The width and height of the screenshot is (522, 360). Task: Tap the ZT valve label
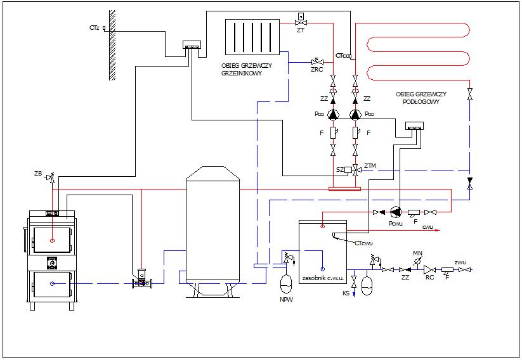tap(301, 29)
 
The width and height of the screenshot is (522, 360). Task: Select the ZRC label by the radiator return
tap(316, 69)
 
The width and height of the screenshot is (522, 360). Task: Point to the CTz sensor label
tap(94, 28)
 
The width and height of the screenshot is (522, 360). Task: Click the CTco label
tap(342, 56)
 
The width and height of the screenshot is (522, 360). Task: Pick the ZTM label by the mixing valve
tap(370, 165)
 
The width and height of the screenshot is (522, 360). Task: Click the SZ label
tap(340, 170)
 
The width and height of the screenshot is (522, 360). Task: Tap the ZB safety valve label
tap(39, 173)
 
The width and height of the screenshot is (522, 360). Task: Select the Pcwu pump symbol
tap(396, 212)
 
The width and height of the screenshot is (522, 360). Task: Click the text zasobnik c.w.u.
tap(323, 278)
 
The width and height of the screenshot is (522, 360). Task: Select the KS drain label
tap(346, 293)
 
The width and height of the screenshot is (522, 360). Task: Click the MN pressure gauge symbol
tap(417, 260)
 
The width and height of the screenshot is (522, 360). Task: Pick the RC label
tap(429, 277)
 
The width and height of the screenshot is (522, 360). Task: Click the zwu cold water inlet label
tap(461, 261)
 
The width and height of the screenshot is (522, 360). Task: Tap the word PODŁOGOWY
tap(421, 101)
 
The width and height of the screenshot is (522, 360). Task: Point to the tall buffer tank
tap(212, 228)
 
